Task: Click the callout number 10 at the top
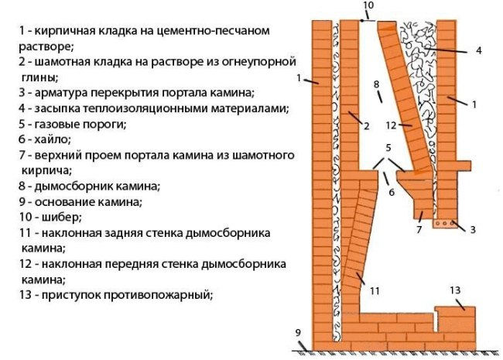368,5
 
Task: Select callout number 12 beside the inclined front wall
392,125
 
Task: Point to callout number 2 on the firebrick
365,125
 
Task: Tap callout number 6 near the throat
392,193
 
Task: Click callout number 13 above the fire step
455,290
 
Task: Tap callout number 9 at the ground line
297,334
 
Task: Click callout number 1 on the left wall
299,78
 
